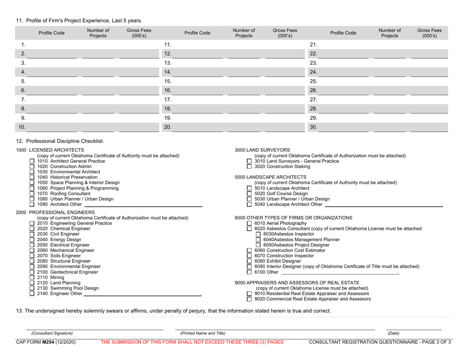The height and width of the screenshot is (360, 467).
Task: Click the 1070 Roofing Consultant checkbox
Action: click(x=32, y=194)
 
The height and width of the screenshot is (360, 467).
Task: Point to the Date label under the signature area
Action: click(x=394, y=333)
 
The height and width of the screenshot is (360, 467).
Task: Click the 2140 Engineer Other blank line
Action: click(x=143, y=294)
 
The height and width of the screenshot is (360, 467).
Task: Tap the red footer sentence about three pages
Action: click(x=192, y=342)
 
